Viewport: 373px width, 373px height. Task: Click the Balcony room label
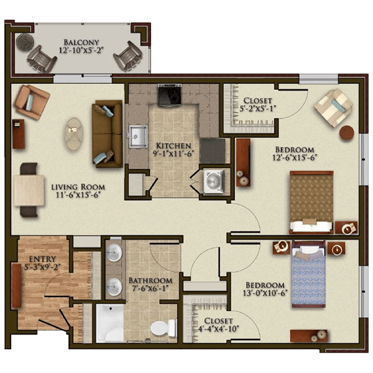click(x=81, y=42)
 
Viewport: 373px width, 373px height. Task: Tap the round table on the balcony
click(x=25, y=42)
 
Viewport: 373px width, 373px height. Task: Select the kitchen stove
click(x=170, y=95)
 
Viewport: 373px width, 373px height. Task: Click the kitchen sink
click(x=138, y=137)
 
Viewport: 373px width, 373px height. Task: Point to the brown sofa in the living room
click(x=108, y=134)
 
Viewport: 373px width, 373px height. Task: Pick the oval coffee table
click(x=74, y=134)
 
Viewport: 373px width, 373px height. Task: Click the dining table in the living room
click(x=29, y=190)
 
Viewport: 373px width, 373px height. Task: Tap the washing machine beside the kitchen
click(x=214, y=181)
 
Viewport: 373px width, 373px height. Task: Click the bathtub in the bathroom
click(x=110, y=323)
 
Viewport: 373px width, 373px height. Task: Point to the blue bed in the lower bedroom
click(x=308, y=274)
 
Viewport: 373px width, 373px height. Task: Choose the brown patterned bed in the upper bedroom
click(x=311, y=202)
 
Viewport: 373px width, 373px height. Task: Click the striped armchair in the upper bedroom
click(x=333, y=108)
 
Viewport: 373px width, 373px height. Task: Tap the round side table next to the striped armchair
click(x=347, y=133)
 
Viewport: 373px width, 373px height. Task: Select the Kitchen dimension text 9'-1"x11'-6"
click(x=172, y=154)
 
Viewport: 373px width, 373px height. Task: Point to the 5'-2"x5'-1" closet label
click(x=257, y=108)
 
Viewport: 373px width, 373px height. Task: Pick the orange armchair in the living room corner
click(x=32, y=102)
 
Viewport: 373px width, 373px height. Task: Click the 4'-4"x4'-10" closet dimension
click(x=218, y=329)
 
